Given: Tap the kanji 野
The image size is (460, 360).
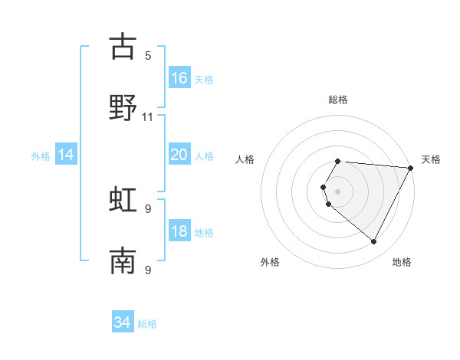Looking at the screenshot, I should coord(123,108).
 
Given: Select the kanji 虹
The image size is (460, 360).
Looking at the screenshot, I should coord(123,199).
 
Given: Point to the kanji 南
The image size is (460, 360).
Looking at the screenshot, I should coord(123,261).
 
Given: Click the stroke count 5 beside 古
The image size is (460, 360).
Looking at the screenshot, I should coord(148,55).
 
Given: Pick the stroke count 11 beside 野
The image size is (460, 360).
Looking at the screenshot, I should coord(148,117).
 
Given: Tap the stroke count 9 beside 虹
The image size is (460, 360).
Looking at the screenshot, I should coord(148,208).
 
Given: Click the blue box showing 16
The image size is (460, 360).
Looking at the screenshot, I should coord(179,78).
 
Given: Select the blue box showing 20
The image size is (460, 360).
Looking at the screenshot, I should coord(179,155).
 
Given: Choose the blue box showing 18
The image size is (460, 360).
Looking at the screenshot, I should coord(179,231).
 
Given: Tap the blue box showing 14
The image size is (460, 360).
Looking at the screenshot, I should coord(66,155).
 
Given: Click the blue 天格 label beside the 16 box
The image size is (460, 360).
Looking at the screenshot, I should coord(204,79).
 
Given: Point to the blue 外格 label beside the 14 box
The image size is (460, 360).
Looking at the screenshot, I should coord(41,156).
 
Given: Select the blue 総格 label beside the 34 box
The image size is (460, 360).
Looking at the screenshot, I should coord(147,324).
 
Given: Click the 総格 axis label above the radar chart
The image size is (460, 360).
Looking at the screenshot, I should coord(338,100).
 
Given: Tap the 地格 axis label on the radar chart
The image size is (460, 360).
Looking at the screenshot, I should coord(402,263).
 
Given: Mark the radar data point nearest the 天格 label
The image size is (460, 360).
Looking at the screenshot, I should coord(411,168).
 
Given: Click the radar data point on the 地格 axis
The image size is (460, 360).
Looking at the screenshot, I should coord(374,242).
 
